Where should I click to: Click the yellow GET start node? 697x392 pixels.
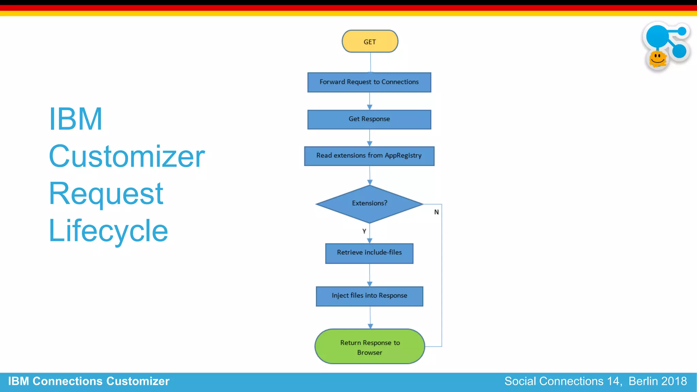tap(370, 42)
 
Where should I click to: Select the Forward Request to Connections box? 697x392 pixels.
tap(369, 82)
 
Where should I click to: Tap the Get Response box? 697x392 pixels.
tap(369, 119)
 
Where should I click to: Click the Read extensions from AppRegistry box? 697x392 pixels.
tap(369, 156)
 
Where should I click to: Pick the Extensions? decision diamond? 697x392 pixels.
tap(369, 203)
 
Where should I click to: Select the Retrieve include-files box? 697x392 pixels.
tap(369, 253)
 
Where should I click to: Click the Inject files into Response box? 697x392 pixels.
tap(369, 296)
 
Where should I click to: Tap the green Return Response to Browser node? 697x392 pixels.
tap(370, 347)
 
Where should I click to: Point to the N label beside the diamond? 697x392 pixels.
tap(436, 212)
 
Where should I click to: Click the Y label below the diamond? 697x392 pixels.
tap(364, 231)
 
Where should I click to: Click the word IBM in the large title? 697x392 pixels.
tap(76, 119)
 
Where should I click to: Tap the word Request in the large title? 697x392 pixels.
tap(106, 194)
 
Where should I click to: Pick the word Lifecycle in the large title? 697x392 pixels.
tap(108, 231)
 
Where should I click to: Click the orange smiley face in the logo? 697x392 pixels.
tap(658, 59)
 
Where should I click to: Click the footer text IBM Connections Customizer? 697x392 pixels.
tap(88, 381)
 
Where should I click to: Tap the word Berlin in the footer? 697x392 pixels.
tap(643, 381)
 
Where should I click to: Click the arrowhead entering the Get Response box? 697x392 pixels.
tap(370, 107)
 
